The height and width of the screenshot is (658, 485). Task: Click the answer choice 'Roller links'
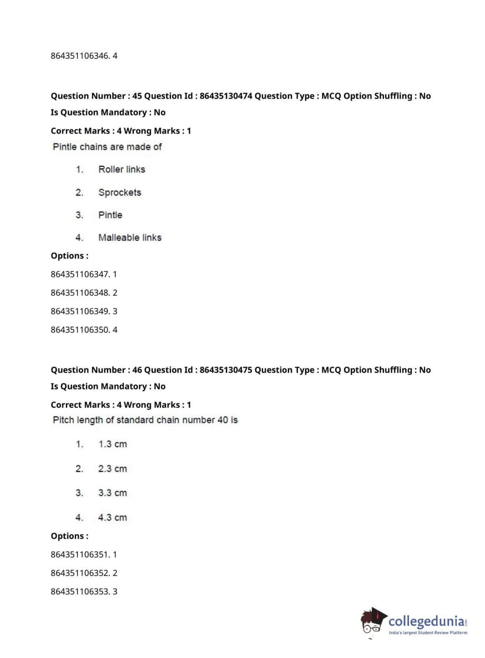coord(122,169)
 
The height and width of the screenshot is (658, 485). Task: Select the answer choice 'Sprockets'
coord(120,192)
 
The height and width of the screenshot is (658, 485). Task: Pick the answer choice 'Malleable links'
coord(130,237)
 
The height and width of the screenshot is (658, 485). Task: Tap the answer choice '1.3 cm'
coord(112,444)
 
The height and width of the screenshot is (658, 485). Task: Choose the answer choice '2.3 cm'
coord(112,469)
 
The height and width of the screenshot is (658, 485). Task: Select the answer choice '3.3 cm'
coord(112,493)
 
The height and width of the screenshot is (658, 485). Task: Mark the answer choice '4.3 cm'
coord(112,518)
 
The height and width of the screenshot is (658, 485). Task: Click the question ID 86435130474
coord(226,96)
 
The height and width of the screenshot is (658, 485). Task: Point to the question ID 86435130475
coord(226,370)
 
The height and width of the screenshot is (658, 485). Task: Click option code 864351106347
coord(80,274)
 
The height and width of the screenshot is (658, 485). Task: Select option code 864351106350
coord(80,330)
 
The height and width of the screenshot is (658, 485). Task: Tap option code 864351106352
coord(80,573)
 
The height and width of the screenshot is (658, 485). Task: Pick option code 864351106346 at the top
coord(80,56)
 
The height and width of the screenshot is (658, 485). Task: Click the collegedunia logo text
coord(426,621)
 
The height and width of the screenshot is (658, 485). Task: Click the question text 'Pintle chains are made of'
coord(107,147)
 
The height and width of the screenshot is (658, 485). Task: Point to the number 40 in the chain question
coord(222,420)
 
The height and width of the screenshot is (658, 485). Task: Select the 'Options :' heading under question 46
coord(69,536)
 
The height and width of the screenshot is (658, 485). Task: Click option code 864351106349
coord(80,312)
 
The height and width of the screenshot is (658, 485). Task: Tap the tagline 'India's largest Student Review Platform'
coord(428,632)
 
